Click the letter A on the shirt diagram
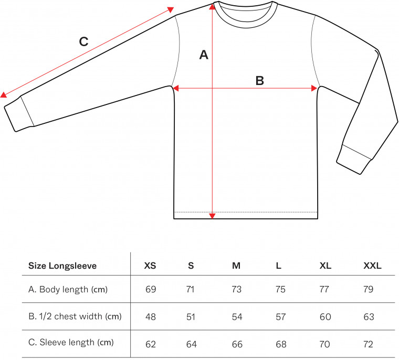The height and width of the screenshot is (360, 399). tap(204, 55)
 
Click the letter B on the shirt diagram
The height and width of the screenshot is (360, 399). tap(259, 81)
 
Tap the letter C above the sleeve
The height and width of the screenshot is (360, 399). tap(83, 41)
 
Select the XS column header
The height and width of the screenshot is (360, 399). tap(150, 266)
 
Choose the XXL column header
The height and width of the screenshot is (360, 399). tap(372, 266)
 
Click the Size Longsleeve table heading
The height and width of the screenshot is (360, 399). tap(62, 266)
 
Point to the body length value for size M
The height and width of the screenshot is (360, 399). tap(236, 289)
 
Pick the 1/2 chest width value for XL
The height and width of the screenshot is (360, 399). tap(325, 317)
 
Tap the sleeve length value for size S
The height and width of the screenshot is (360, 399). tap(191, 344)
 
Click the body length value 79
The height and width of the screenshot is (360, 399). tap(368, 289)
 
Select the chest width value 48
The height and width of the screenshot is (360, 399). tap(151, 317)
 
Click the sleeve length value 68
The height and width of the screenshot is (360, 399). tap(281, 344)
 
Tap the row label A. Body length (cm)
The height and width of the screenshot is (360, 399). tap(68, 289)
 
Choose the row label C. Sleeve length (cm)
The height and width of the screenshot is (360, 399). tap(71, 342)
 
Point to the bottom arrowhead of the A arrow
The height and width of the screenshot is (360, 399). tap(212, 216)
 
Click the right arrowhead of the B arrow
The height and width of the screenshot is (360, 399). tap(314, 88)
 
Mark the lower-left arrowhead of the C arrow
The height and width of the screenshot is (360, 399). tap(3, 95)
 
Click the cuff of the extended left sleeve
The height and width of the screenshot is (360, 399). tap(19, 114)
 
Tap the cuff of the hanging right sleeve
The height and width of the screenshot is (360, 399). tap(354, 160)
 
